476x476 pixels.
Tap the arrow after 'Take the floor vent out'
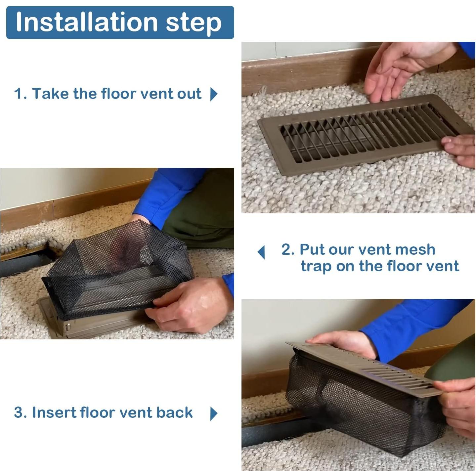tap(214, 94)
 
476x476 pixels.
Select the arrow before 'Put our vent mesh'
tap(261, 252)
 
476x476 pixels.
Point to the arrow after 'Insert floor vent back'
tap(214, 413)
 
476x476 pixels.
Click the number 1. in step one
tap(20, 94)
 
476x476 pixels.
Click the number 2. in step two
tap(288, 250)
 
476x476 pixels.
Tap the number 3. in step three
tap(20, 413)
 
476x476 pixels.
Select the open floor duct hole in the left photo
tap(23, 265)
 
